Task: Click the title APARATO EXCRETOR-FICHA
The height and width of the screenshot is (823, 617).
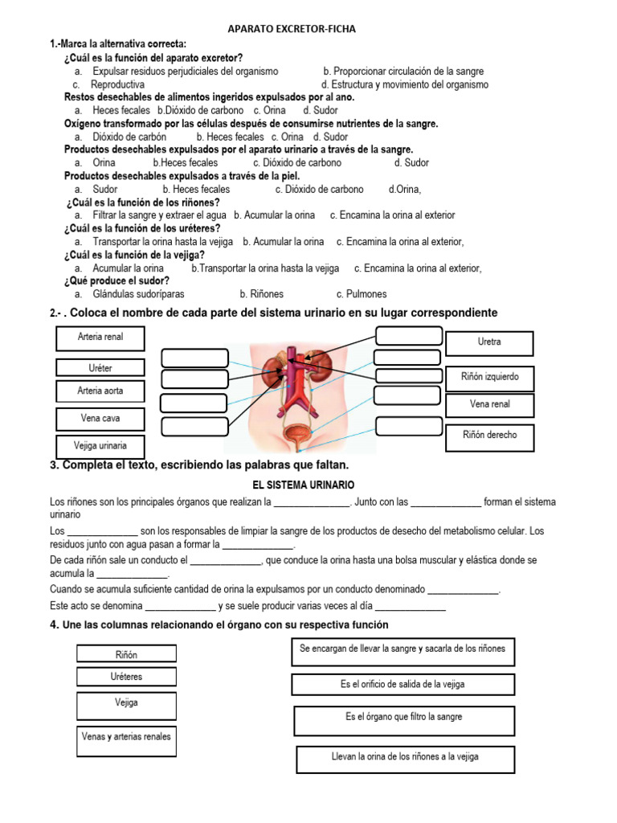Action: coord(292,29)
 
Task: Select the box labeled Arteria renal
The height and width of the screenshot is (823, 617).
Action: coord(100,338)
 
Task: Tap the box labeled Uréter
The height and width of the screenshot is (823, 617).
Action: coord(100,368)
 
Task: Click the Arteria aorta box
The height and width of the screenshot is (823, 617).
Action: coord(100,391)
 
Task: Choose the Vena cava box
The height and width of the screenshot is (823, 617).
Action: coord(100,419)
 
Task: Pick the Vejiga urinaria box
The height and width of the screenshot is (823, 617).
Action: coord(100,445)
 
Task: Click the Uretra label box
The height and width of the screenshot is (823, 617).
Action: coord(489,342)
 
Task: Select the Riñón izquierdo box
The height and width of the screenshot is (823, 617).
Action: coord(489,376)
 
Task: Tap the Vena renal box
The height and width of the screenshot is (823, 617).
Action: coord(489,404)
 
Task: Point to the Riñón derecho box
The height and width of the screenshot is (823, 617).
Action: coord(489,435)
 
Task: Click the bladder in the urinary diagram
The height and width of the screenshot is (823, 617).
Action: coord(299,435)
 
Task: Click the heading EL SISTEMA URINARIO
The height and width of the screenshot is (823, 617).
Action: coord(297,485)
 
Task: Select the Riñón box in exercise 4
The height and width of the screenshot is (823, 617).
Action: coord(126,655)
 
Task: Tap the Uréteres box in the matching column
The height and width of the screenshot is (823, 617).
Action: coord(126,678)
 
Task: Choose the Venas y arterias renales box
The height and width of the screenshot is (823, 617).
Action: coord(126,736)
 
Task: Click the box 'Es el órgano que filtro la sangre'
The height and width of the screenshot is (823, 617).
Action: coord(404,717)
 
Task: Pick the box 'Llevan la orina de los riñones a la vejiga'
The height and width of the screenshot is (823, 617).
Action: coord(406,757)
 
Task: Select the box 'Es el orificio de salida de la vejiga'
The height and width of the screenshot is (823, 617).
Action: coord(402,685)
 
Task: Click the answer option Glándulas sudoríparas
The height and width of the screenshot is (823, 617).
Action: coord(138,294)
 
